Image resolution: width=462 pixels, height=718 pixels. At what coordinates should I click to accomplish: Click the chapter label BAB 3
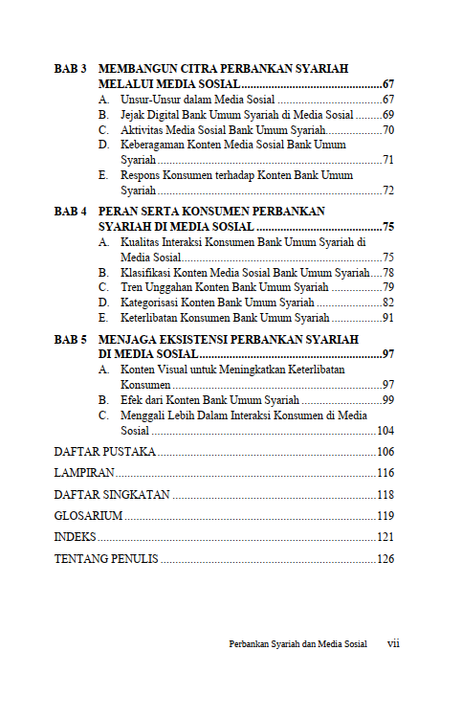tap(71, 70)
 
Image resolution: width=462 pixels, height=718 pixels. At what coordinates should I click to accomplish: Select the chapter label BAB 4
tap(71, 212)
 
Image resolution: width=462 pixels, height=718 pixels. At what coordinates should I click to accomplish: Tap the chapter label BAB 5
tap(71, 340)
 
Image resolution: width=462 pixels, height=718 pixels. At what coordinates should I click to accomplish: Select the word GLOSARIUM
tap(88, 516)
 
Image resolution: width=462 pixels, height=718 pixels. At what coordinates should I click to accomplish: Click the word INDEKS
tap(75, 537)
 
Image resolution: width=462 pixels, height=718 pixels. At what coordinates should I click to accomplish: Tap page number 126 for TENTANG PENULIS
tap(385, 559)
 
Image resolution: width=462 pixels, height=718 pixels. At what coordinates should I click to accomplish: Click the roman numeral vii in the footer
tap(392, 644)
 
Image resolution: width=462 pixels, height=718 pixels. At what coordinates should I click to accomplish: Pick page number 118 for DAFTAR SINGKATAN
tap(385, 495)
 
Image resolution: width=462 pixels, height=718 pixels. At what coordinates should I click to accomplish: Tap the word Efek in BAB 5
tap(131, 400)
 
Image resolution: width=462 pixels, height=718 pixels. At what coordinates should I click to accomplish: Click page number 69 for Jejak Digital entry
tap(388, 114)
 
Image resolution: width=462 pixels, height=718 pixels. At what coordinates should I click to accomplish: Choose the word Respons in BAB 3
tap(141, 176)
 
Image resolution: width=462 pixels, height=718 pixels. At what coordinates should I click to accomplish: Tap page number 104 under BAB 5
tap(385, 431)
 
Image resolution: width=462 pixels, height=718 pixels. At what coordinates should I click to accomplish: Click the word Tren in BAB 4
tap(131, 287)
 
